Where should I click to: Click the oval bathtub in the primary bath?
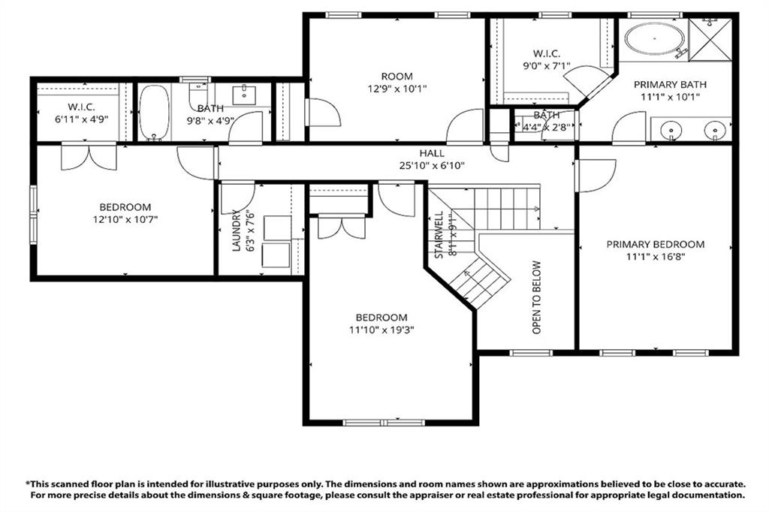coord(654,37)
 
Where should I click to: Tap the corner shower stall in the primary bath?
coord(710,37)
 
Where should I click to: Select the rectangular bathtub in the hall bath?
coord(155,113)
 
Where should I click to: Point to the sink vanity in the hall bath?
coord(245,95)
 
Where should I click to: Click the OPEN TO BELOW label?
coord(536,297)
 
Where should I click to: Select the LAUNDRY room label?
coord(237,230)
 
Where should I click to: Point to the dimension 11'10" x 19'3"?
coord(381,330)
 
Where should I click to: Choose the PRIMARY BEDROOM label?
coord(656,244)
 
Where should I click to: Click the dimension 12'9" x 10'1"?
coord(397,89)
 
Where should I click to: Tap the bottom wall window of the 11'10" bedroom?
coord(384,423)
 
